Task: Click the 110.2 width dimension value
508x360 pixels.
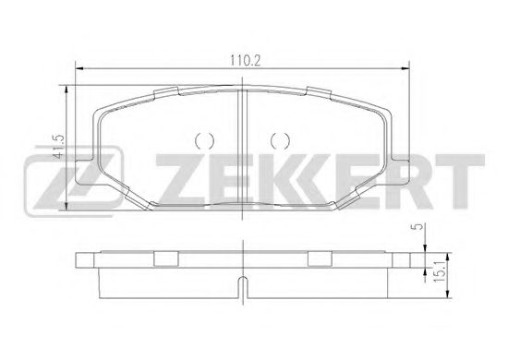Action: pyautogui.click(x=246, y=61)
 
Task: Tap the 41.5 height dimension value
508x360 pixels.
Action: pyautogui.click(x=59, y=147)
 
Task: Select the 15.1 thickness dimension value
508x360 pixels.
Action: pyautogui.click(x=439, y=272)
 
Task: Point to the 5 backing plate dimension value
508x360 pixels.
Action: pyautogui.click(x=419, y=227)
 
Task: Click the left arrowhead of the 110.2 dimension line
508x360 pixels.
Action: pyautogui.click(x=79, y=68)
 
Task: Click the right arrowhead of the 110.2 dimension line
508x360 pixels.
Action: pyautogui.click(x=405, y=68)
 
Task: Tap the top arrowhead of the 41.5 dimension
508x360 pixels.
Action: pyautogui.click(x=67, y=90)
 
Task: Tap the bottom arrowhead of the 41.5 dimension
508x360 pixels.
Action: pyautogui.click(x=67, y=206)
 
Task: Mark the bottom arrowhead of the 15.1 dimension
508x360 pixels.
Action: pyautogui.click(x=447, y=294)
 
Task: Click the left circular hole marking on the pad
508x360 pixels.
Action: pyautogui.click(x=204, y=141)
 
